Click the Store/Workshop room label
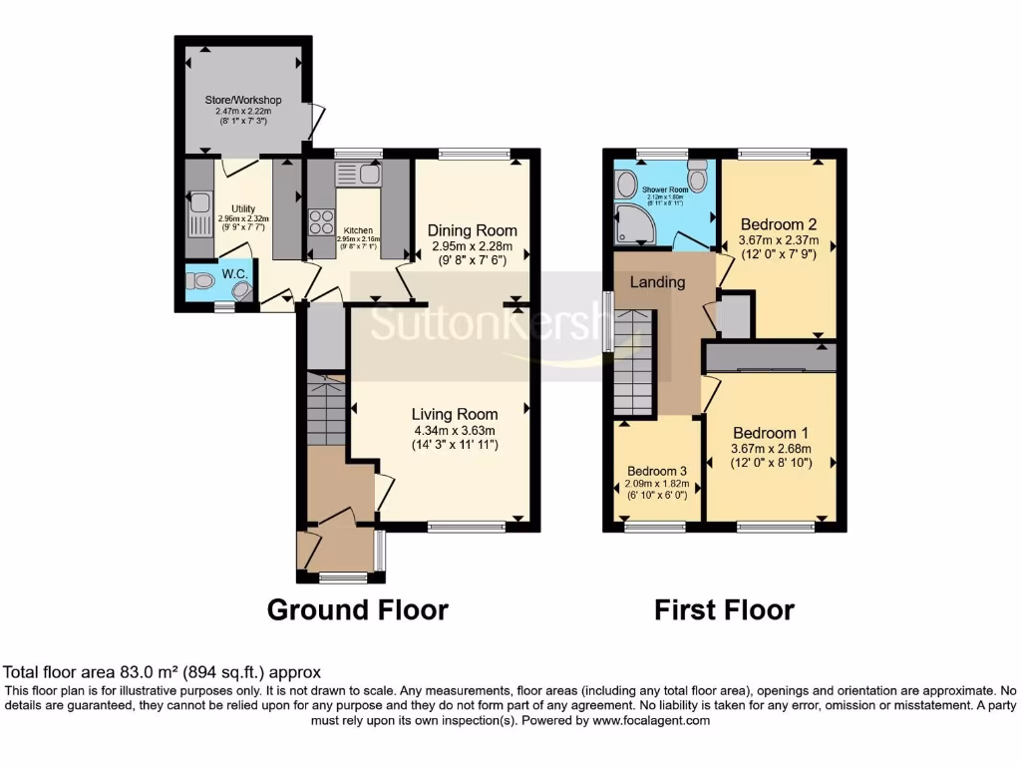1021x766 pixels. pos(243,100)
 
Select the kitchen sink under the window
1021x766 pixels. pos(358,175)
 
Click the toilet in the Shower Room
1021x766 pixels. pos(697,177)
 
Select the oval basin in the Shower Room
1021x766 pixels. pos(627,184)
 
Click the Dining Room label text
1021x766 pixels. pos(474,230)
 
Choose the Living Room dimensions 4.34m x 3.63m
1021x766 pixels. pos(455,431)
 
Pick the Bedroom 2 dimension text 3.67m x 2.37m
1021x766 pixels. pos(779,239)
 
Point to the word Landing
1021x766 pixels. pos(658,282)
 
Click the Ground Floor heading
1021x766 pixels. pos(357,609)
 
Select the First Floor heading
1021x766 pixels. pos(724,609)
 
